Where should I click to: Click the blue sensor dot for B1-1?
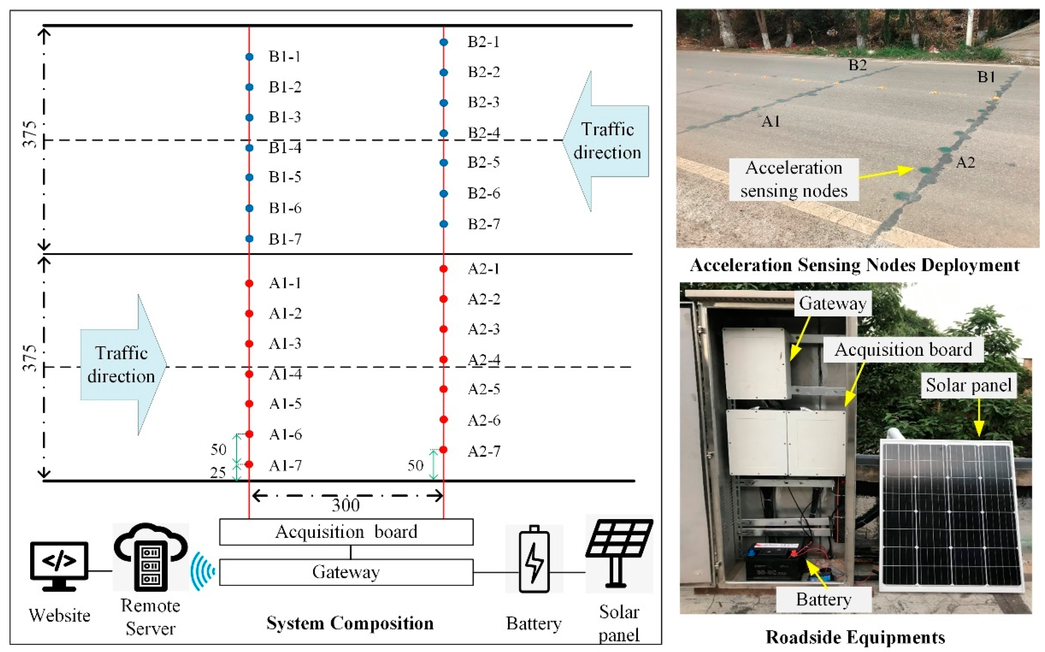249,57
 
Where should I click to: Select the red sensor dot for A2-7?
443,450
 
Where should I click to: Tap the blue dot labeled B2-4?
444,133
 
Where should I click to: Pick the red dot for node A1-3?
249,344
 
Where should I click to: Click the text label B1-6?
285,208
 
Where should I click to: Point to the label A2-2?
484,299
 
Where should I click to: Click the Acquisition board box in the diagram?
346,532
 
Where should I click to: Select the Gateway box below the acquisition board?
346,572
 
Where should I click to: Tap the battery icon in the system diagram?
534,559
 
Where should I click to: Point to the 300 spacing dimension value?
345,505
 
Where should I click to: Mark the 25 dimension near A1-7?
218,473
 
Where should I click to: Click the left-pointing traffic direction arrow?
606,141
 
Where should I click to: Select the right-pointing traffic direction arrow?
123,365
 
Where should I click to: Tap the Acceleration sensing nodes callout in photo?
794,179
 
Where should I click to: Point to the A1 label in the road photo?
771,121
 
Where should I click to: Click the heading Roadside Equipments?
855,637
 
